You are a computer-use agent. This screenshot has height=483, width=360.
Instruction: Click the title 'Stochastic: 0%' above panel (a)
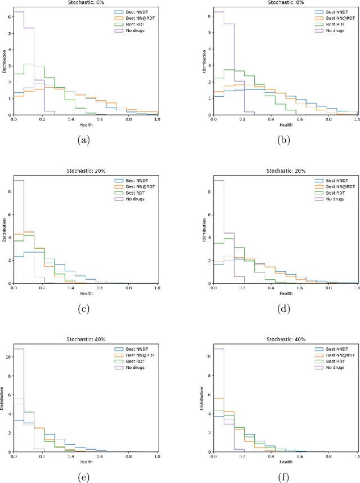point(85,2)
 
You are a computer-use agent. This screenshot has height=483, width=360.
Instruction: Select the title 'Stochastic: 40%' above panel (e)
point(85,339)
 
